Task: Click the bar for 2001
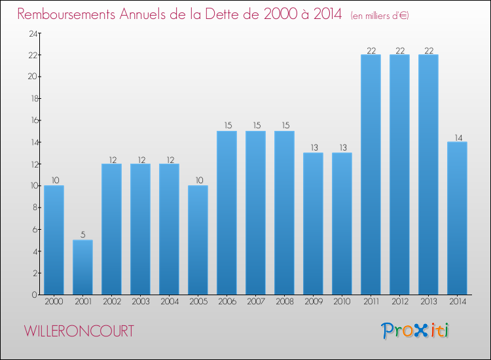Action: coord(82,267)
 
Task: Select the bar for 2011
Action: coord(371,174)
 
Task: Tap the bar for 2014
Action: coord(457,218)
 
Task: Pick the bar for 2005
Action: coord(198,240)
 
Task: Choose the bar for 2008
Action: coord(284,213)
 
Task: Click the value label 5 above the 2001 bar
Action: coord(82,234)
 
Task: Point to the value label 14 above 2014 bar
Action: coord(457,137)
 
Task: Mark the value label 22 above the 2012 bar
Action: coord(399,49)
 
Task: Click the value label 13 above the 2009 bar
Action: coord(313,147)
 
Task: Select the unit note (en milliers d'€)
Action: coord(380,16)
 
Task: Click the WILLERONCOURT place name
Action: coord(79,331)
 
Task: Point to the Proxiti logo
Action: coord(415,331)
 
